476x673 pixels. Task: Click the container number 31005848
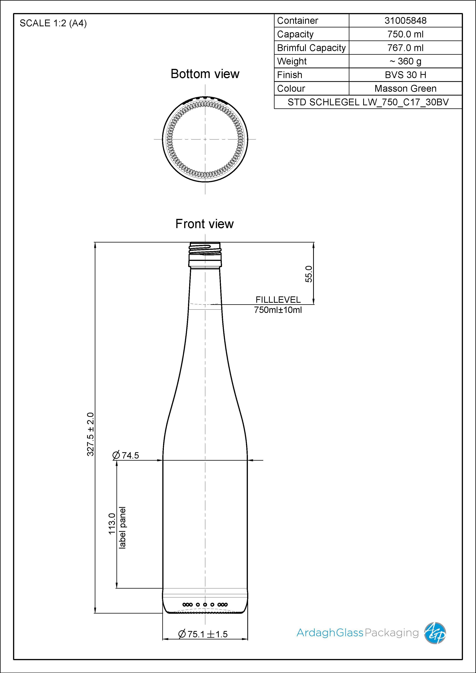[x=405, y=21]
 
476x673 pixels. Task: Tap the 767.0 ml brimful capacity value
[x=405, y=48]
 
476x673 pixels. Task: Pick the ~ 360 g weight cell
[x=405, y=61]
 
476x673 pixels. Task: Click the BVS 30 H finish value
[x=405, y=75]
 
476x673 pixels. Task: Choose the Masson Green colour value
[x=405, y=88]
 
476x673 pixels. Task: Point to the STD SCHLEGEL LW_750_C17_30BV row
[x=368, y=102]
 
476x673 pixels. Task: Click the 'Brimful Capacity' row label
[x=311, y=48]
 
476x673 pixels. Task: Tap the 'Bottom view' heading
[x=205, y=74]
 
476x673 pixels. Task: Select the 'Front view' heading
[x=205, y=224]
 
